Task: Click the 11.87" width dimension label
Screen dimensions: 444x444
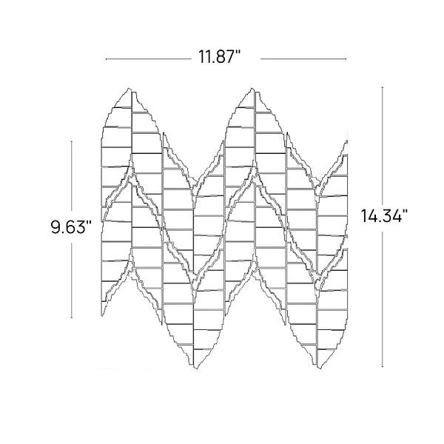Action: pyautogui.click(x=219, y=57)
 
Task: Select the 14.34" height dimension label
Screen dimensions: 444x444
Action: pyautogui.click(x=384, y=215)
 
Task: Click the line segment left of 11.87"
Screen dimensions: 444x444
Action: pyautogui.click(x=149, y=59)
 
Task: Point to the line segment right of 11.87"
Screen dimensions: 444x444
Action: pyautogui.click(x=303, y=59)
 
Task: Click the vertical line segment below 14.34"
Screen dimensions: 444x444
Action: pyautogui.click(x=383, y=299)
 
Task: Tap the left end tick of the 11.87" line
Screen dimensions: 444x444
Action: pyautogui.click(x=106, y=59)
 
